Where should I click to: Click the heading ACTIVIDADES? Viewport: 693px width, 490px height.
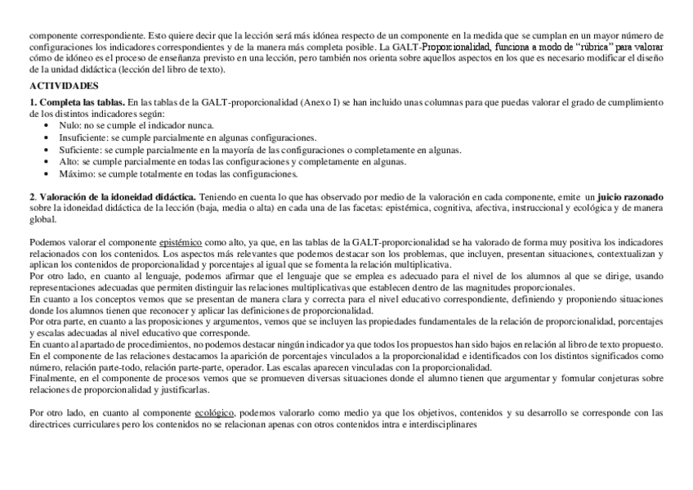[x=64, y=85]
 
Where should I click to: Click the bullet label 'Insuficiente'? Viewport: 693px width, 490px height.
[x=81, y=138]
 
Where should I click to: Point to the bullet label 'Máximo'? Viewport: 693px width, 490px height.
[x=75, y=174]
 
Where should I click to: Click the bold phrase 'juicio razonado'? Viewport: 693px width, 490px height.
[x=630, y=198]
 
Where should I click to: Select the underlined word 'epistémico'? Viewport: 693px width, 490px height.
[x=181, y=243]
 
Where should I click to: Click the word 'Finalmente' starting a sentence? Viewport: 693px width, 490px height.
[x=51, y=379]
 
